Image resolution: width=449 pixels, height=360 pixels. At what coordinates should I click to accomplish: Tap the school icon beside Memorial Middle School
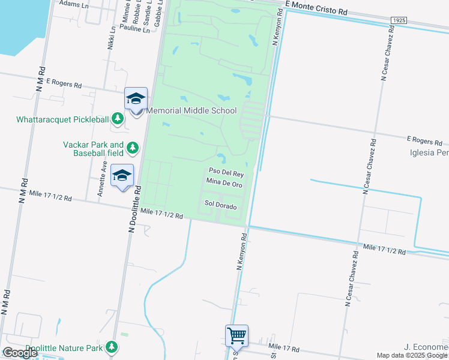[x=136, y=99]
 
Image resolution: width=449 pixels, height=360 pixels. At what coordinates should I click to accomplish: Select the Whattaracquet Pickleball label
[x=62, y=119]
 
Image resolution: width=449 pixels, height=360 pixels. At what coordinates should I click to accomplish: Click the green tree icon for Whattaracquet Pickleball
[x=119, y=118]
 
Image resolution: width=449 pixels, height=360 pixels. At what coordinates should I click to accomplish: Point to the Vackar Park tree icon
[x=132, y=148]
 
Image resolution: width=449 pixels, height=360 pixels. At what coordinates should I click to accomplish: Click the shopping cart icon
[x=237, y=336]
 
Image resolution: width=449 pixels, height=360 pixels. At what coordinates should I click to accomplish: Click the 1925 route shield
[x=399, y=20]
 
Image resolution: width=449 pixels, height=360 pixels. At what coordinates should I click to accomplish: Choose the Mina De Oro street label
[x=224, y=182]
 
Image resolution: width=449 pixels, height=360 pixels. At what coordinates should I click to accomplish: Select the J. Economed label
[x=426, y=347]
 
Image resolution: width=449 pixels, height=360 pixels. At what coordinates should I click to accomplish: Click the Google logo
[x=19, y=353]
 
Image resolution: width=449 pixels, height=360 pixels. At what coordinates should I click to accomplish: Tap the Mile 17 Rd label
[x=284, y=348]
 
